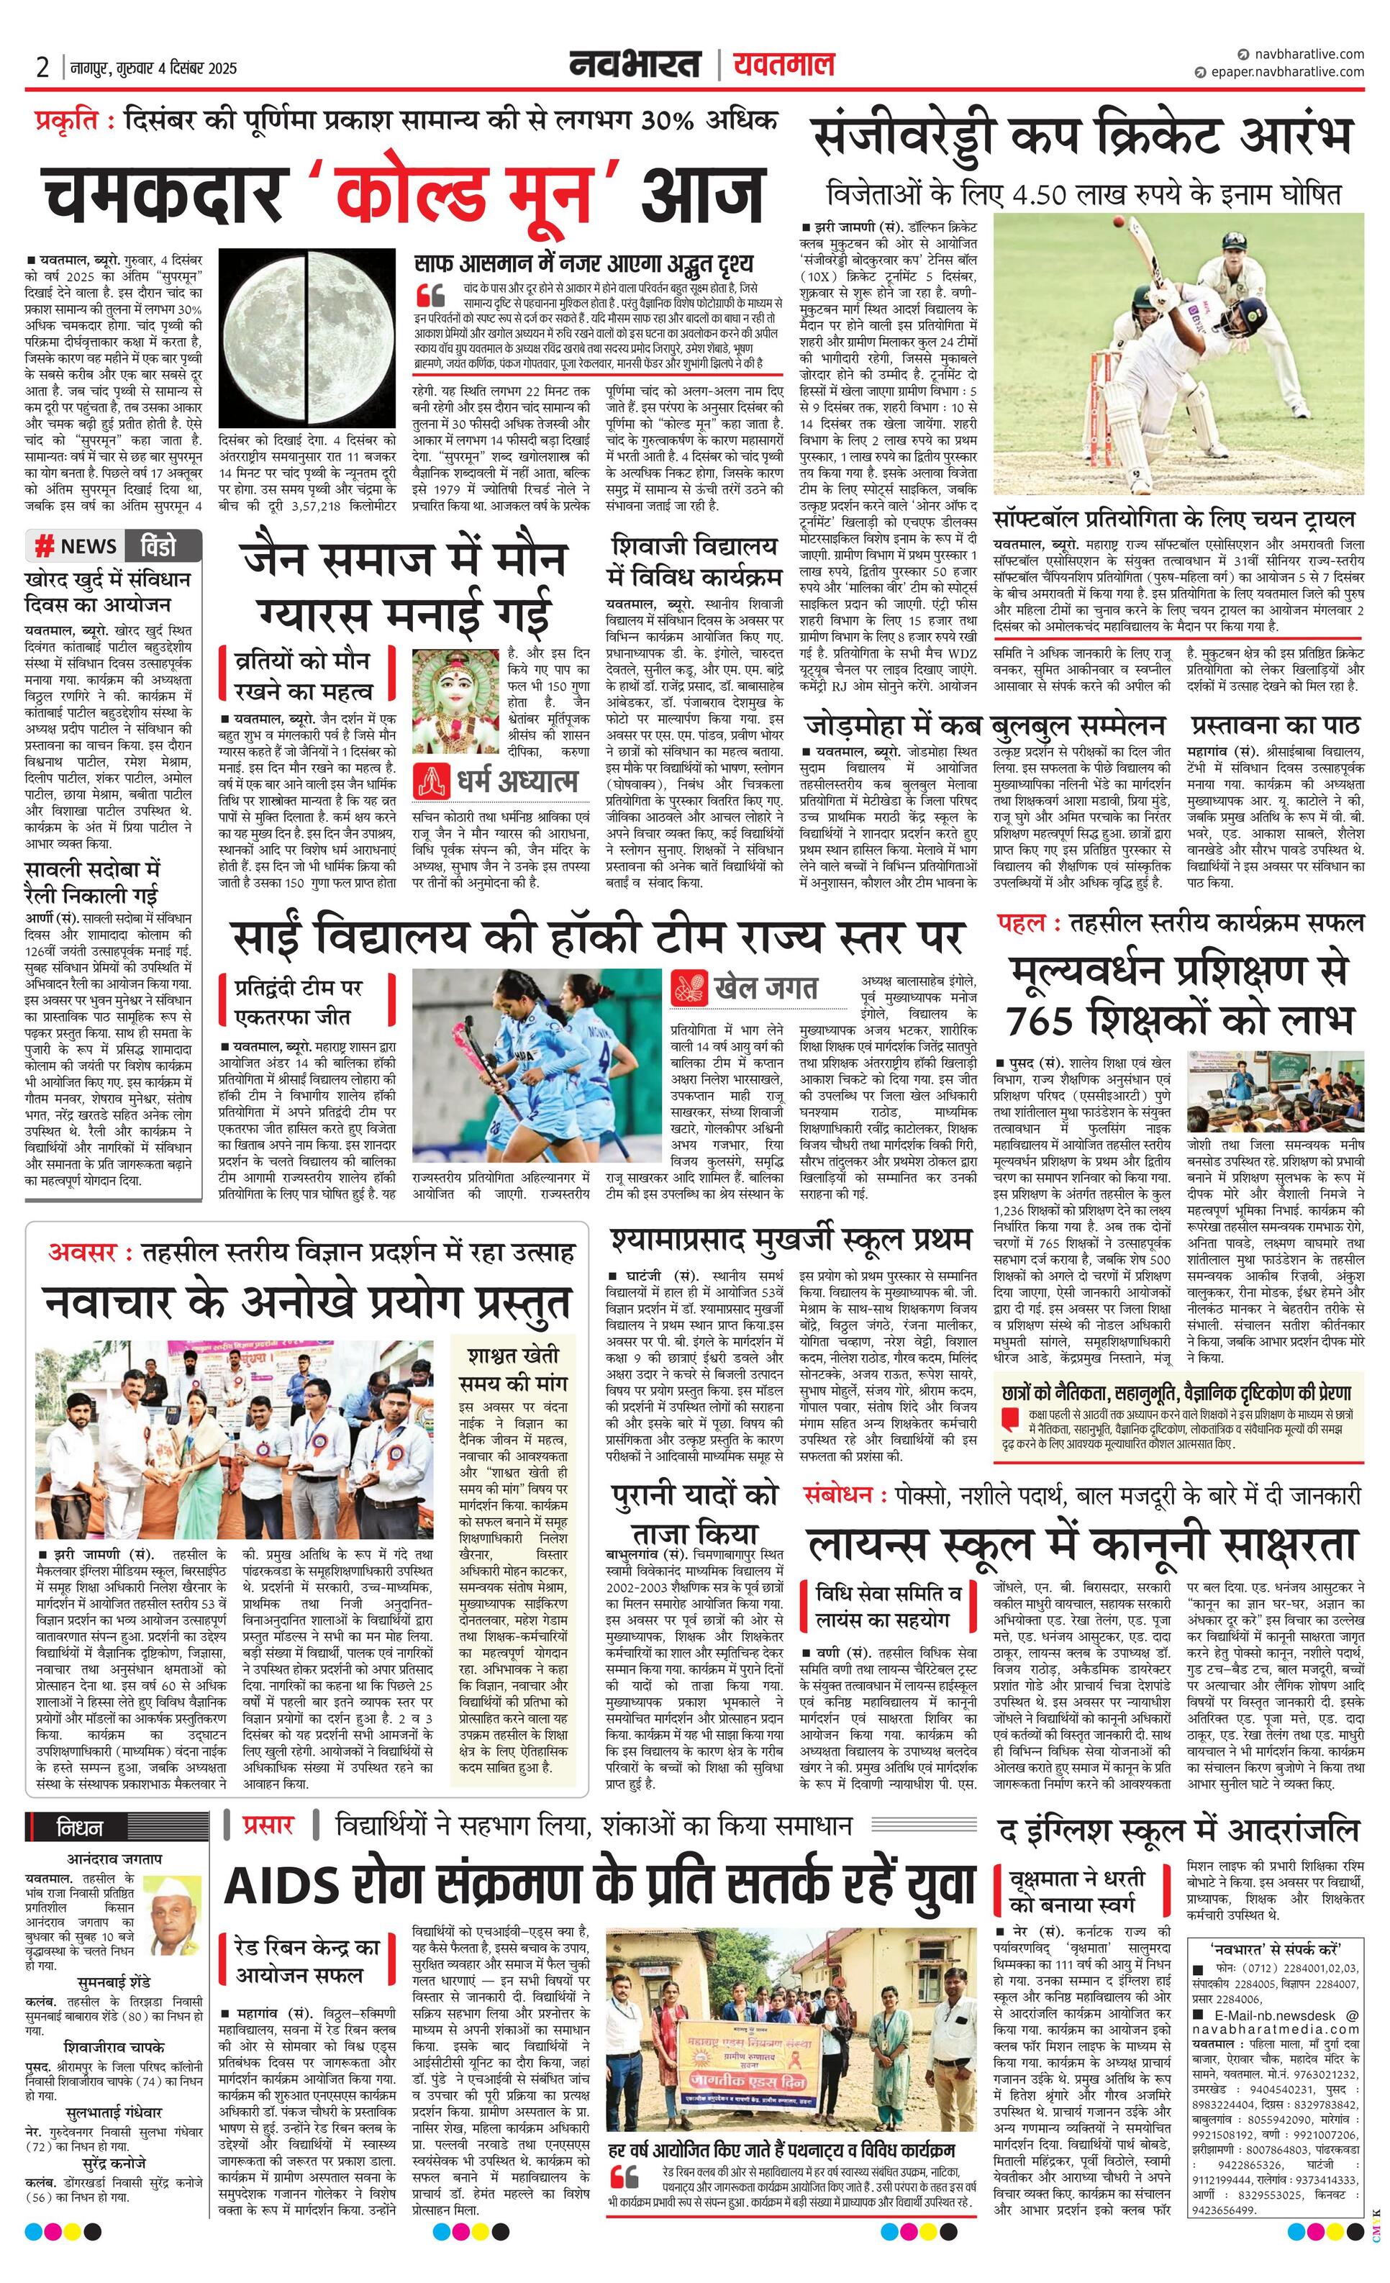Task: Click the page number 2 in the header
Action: pyautogui.click(x=42, y=67)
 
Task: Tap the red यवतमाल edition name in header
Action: pyautogui.click(x=783, y=65)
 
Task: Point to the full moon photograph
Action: pyautogui.click(x=308, y=337)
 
